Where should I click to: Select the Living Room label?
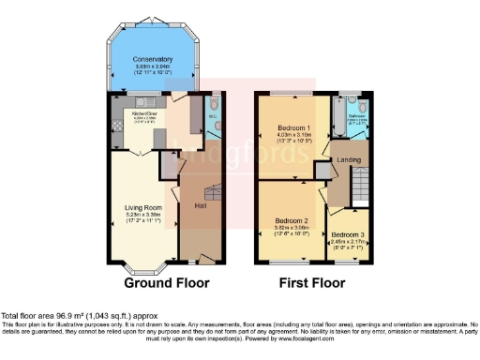click(x=143, y=207)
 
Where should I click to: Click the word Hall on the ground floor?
click(x=200, y=205)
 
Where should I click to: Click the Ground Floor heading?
click(x=168, y=282)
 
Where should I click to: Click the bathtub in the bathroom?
click(x=355, y=101)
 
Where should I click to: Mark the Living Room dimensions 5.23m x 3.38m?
click(x=143, y=215)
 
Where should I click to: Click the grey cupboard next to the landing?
click(x=323, y=169)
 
